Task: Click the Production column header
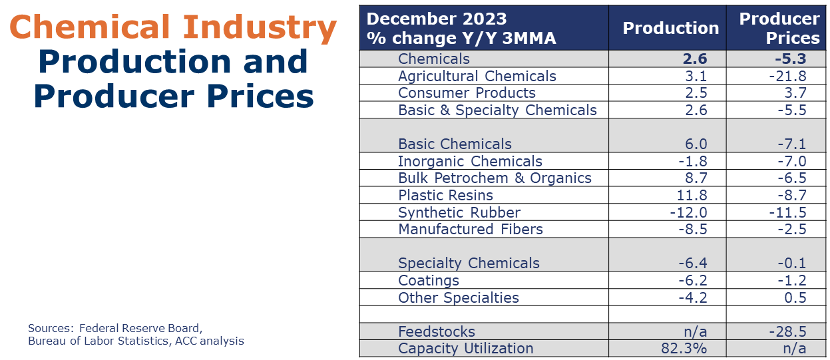click(x=670, y=29)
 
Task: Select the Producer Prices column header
click(x=779, y=29)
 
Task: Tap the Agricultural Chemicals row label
click(x=477, y=76)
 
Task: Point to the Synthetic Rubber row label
click(x=459, y=212)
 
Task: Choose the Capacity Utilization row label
click(x=465, y=348)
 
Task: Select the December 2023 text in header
click(x=437, y=18)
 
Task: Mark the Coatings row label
click(x=429, y=280)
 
